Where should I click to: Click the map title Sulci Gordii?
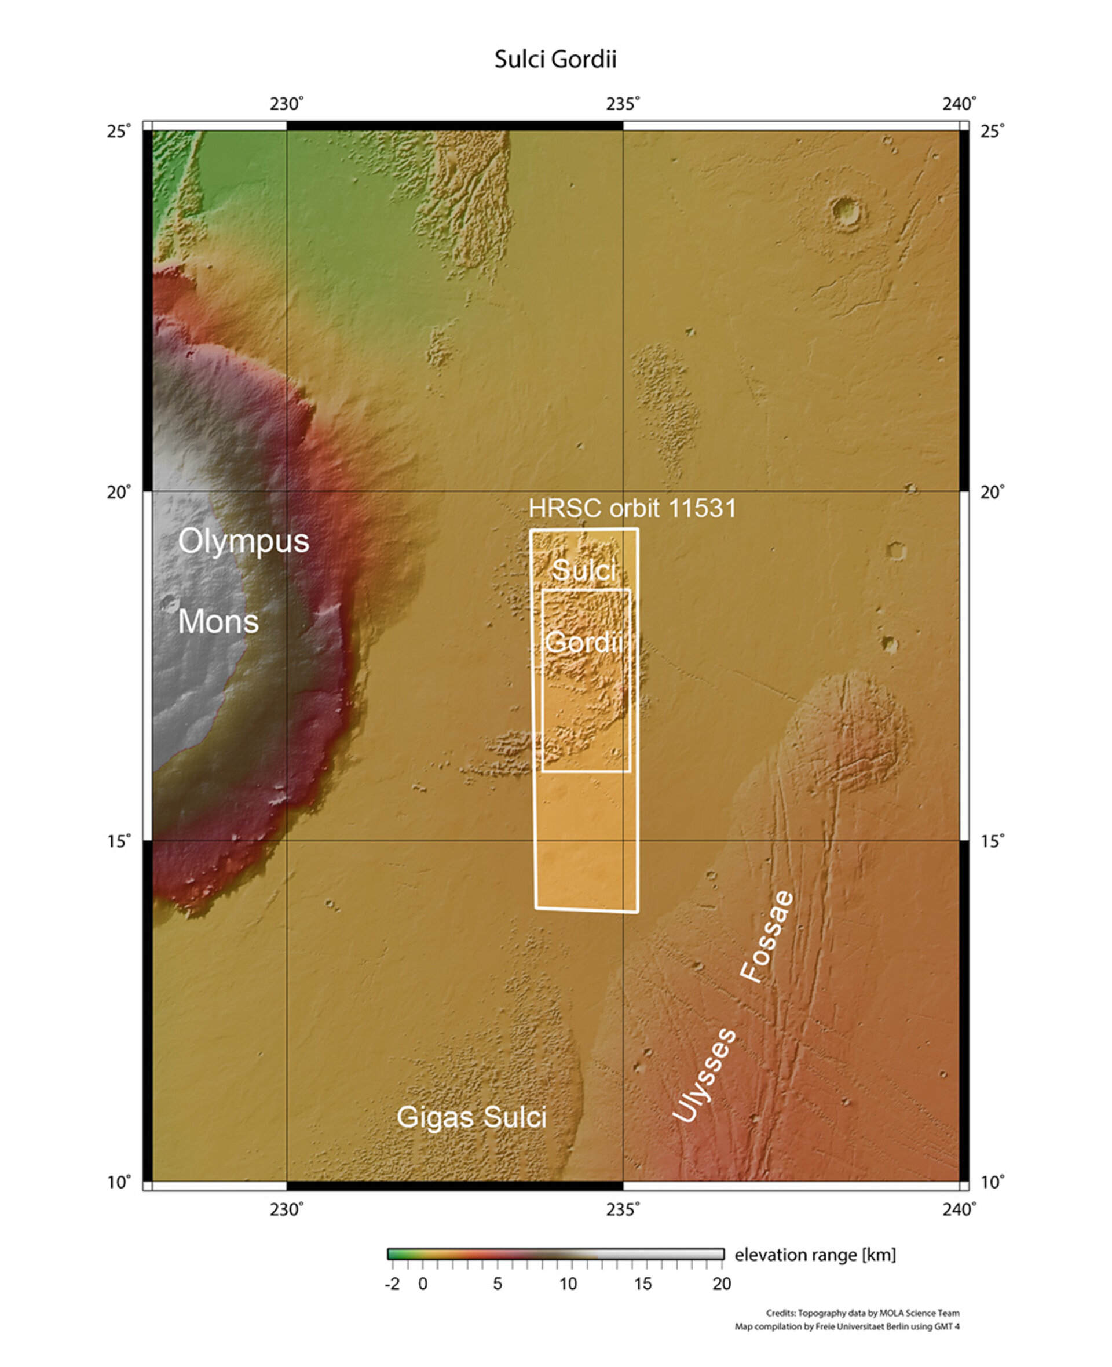pyautogui.click(x=555, y=60)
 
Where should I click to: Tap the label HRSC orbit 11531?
pyautogui.click(x=632, y=508)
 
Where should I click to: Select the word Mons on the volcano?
pyautogui.click(x=218, y=621)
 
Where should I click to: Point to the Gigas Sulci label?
pyautogui.click(x=471, y=1117)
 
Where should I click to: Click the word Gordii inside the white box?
pyautogui.click(x=584, y=641)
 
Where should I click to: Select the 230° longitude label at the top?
pyautogui.click(x=286, y=104)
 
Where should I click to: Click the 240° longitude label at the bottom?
pyautogui.click(x=959, y=1209)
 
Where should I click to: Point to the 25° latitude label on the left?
pyautogui.click(x=119, y=132)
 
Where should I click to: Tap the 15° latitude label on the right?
pyautogui.click(x=992, y=840)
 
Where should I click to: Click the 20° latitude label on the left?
pyautogui.click(x=119, y=491)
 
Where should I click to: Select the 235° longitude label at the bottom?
pyautogui.click(x=623, y=1209)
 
